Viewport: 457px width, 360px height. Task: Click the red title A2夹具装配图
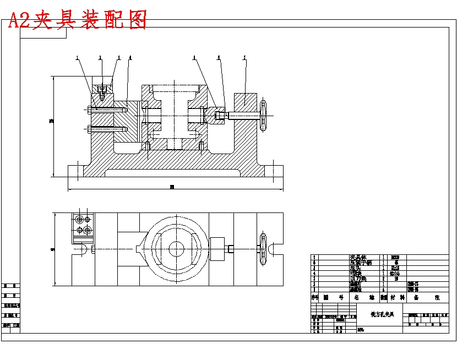[78, 20]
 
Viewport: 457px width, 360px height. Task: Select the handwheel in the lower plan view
[263, 249]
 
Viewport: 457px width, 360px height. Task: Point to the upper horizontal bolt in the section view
[107, 110]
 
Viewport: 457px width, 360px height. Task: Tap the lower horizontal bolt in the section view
[107, 129]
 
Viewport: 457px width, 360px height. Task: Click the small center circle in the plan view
[176, 248]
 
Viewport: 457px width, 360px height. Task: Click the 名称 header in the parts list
[364, 297]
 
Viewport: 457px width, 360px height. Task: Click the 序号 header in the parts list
[315, 297]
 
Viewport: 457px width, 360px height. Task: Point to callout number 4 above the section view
[130, 57]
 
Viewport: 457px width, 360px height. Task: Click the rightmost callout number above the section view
[244, 57]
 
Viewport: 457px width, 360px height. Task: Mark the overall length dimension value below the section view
[172, 187]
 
